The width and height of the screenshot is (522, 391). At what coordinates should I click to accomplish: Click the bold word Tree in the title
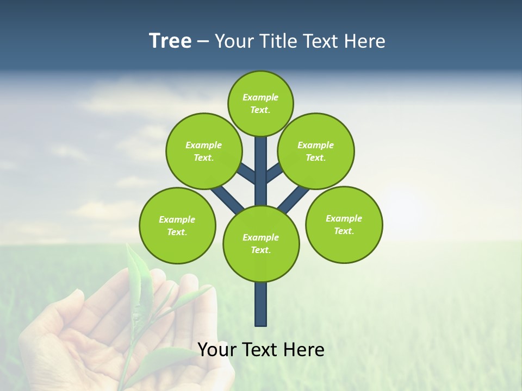point(170,41)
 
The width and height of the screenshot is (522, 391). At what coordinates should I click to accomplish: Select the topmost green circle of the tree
point(260,103)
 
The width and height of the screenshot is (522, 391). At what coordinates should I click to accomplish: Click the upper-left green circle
point(203,151)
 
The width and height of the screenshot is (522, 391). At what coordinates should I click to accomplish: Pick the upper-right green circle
point(315,151)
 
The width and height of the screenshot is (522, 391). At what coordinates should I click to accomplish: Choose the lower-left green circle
point(177,225)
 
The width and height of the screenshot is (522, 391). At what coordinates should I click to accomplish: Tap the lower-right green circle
point(344,224)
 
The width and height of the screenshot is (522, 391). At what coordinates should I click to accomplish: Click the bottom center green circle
point(261,243)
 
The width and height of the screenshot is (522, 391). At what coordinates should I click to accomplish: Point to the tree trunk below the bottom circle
point(261,304)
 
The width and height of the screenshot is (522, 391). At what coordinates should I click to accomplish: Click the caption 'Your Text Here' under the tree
point(261,349)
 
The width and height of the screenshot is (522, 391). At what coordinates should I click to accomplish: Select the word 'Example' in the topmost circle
point(260,97)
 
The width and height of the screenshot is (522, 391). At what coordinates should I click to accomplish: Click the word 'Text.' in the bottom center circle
point(260,250)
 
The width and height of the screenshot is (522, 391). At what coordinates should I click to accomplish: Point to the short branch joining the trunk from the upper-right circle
point(274,173)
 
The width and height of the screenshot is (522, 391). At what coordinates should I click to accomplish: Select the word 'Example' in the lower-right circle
point(344,218)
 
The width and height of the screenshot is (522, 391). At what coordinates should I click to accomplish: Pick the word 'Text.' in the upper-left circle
point(203,157)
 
